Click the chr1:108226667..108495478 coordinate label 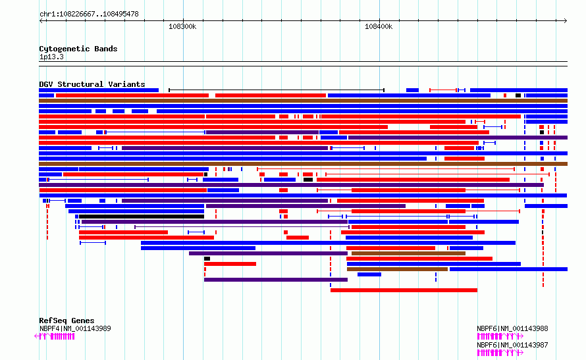[89, 14]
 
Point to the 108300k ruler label [182, 26]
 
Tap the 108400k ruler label [379, 26]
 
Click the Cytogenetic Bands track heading [78, 49]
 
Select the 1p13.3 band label [51, 57]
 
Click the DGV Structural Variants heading [92, 84]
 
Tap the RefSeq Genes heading [67, 321]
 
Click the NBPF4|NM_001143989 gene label [75, 328]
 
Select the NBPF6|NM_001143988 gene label [512, 328]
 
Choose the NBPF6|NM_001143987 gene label [512, 345]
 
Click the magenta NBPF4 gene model [55, 336]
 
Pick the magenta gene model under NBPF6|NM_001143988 [500, 336]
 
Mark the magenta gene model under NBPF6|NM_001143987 [500, 353]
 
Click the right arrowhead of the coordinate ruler [566, 21]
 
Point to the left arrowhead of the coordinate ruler [41, 21]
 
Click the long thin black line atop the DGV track [277, 90]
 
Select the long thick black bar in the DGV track [142, 217]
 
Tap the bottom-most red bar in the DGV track [404, 290]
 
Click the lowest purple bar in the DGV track [276, 280]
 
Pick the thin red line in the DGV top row [443, 90]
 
